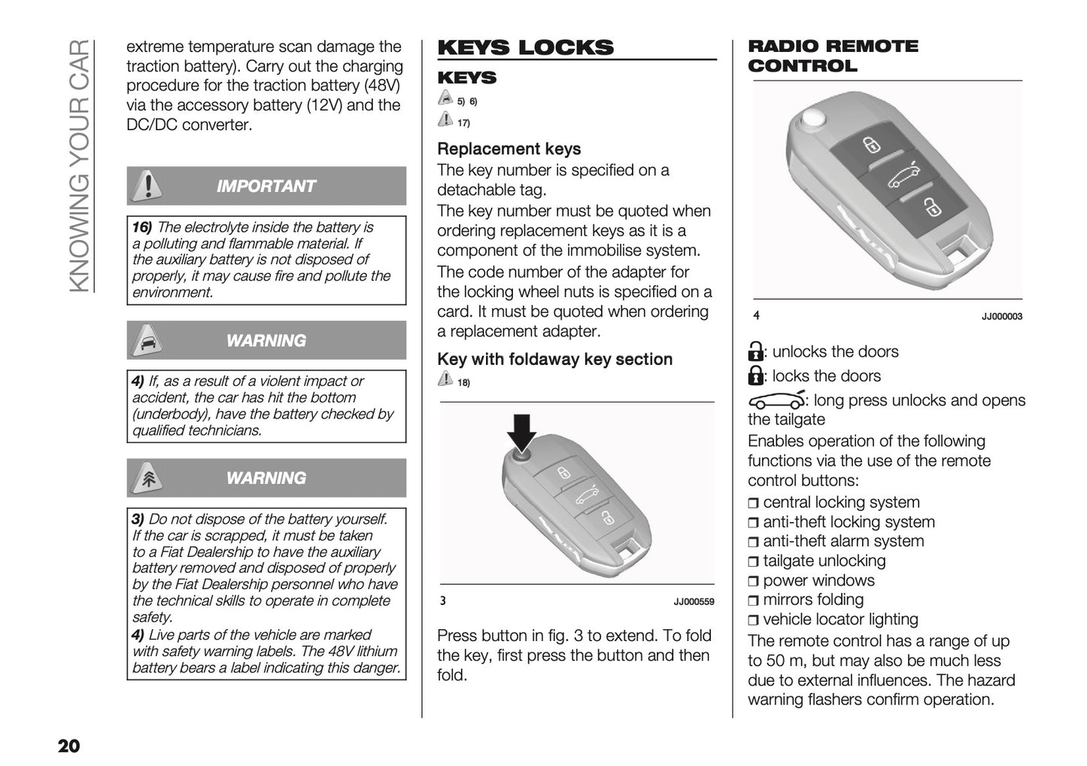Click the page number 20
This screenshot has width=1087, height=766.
[68, 746]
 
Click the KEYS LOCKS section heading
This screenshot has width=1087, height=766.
[525, 47]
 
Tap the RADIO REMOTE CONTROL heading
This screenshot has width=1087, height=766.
[832, 56]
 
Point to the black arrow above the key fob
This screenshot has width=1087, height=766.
[521, 431]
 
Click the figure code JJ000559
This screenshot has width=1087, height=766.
[694, 602]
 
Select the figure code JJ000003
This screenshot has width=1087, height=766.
[1001, 317]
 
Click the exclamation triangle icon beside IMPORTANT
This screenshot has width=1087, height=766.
[148, 186]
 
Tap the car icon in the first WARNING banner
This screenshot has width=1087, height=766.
[148, 341]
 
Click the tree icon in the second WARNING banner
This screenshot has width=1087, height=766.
[148, 479]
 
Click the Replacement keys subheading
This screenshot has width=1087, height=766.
[509, 149]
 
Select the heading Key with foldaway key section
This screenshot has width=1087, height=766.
[554, 360]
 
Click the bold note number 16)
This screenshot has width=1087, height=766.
[141, 227]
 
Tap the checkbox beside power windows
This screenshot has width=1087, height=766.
[754, 582]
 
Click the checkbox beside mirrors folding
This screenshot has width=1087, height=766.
[754, 601]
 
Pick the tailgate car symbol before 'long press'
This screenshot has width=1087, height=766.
[776, 401]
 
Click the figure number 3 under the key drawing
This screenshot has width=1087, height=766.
[443, 601]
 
